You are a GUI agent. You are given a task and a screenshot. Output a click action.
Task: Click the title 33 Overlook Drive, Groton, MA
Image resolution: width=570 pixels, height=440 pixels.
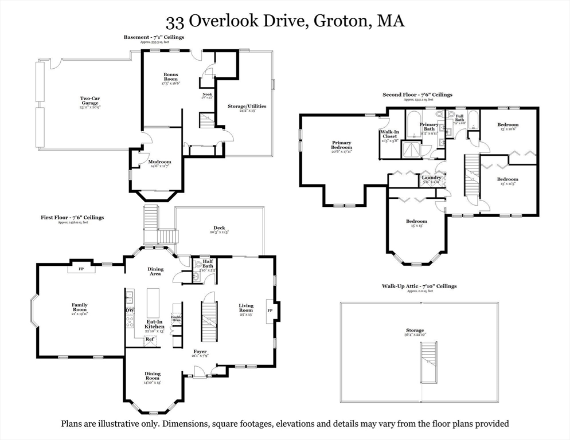click(x=285, y=21)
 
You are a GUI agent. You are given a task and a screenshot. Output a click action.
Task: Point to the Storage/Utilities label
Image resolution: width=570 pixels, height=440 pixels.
click(x=247, y=107)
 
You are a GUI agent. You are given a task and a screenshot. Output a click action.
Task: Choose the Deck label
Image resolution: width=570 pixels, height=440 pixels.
click(x=219, y=229)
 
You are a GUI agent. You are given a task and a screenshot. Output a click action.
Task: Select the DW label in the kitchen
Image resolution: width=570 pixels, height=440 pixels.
click(x=129, y=311)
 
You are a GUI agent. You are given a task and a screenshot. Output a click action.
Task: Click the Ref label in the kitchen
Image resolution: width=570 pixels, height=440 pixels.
click(x=149, y=339)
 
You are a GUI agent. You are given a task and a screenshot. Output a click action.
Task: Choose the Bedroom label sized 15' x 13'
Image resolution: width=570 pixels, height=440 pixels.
click(x=416, y=222)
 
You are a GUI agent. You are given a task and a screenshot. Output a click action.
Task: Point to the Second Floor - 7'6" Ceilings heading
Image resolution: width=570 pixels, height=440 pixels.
click(x=417, y=95)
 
